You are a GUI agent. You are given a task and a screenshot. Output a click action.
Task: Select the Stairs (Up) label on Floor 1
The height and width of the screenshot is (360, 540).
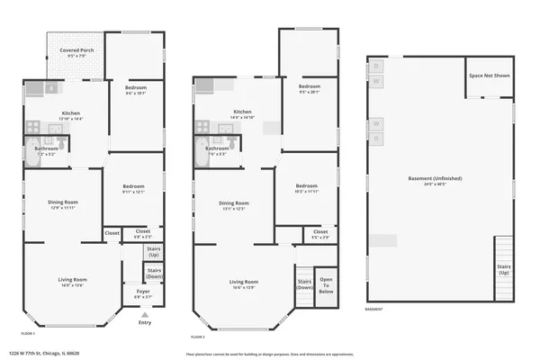pos(154,253)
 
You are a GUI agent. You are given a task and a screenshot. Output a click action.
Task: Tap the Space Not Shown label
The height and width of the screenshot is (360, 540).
pos(489,76)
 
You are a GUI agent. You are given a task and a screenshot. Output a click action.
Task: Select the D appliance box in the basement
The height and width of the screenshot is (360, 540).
pos(376,66)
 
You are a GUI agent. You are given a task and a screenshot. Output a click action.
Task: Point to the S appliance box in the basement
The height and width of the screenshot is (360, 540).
pos(376,139)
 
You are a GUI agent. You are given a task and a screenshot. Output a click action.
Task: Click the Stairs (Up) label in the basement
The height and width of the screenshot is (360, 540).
pos(503,269)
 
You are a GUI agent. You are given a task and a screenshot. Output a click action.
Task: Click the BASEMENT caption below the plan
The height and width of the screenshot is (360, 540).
pos(374,310)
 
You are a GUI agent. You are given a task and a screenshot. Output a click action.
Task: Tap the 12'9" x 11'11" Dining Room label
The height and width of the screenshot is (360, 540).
pos(63,204)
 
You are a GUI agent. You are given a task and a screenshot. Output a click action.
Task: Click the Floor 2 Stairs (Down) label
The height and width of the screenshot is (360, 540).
pos(305,283)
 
